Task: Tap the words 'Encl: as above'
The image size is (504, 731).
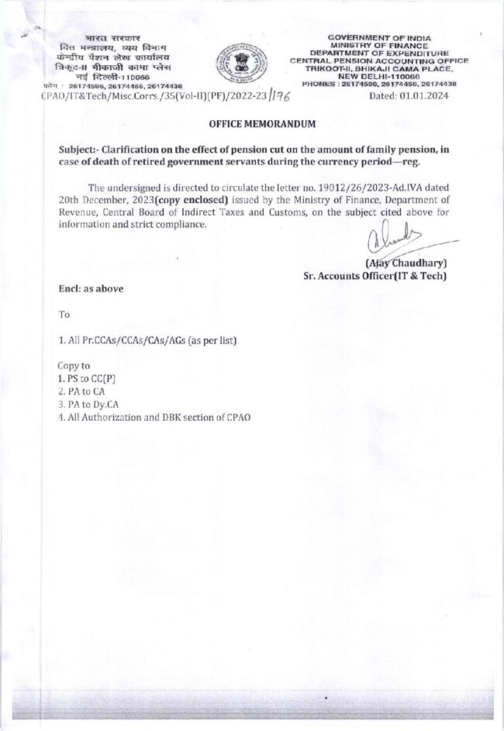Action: [x=91, y=288]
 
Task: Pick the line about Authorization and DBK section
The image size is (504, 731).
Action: [x=154, y=416]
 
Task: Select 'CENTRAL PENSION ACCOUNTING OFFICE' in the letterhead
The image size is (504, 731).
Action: [x=379, y=60]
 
